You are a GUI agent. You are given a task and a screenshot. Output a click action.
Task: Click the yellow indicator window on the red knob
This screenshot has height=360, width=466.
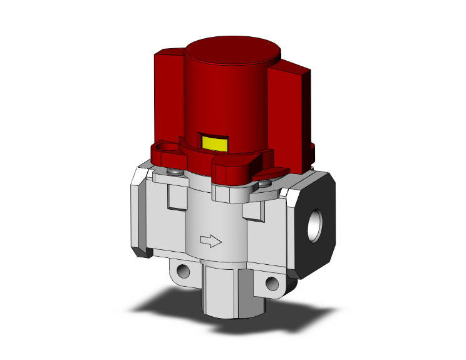click(213, 143)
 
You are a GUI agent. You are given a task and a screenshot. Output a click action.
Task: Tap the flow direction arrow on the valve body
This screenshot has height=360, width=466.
click(211, 239)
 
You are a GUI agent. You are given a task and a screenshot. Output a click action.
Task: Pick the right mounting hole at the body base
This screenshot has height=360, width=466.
click(271, 283)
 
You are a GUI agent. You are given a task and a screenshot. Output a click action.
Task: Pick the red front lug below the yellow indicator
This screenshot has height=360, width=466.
click(235, 169)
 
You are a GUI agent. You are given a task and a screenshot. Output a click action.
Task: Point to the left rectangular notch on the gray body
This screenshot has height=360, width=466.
click(177, 196)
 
